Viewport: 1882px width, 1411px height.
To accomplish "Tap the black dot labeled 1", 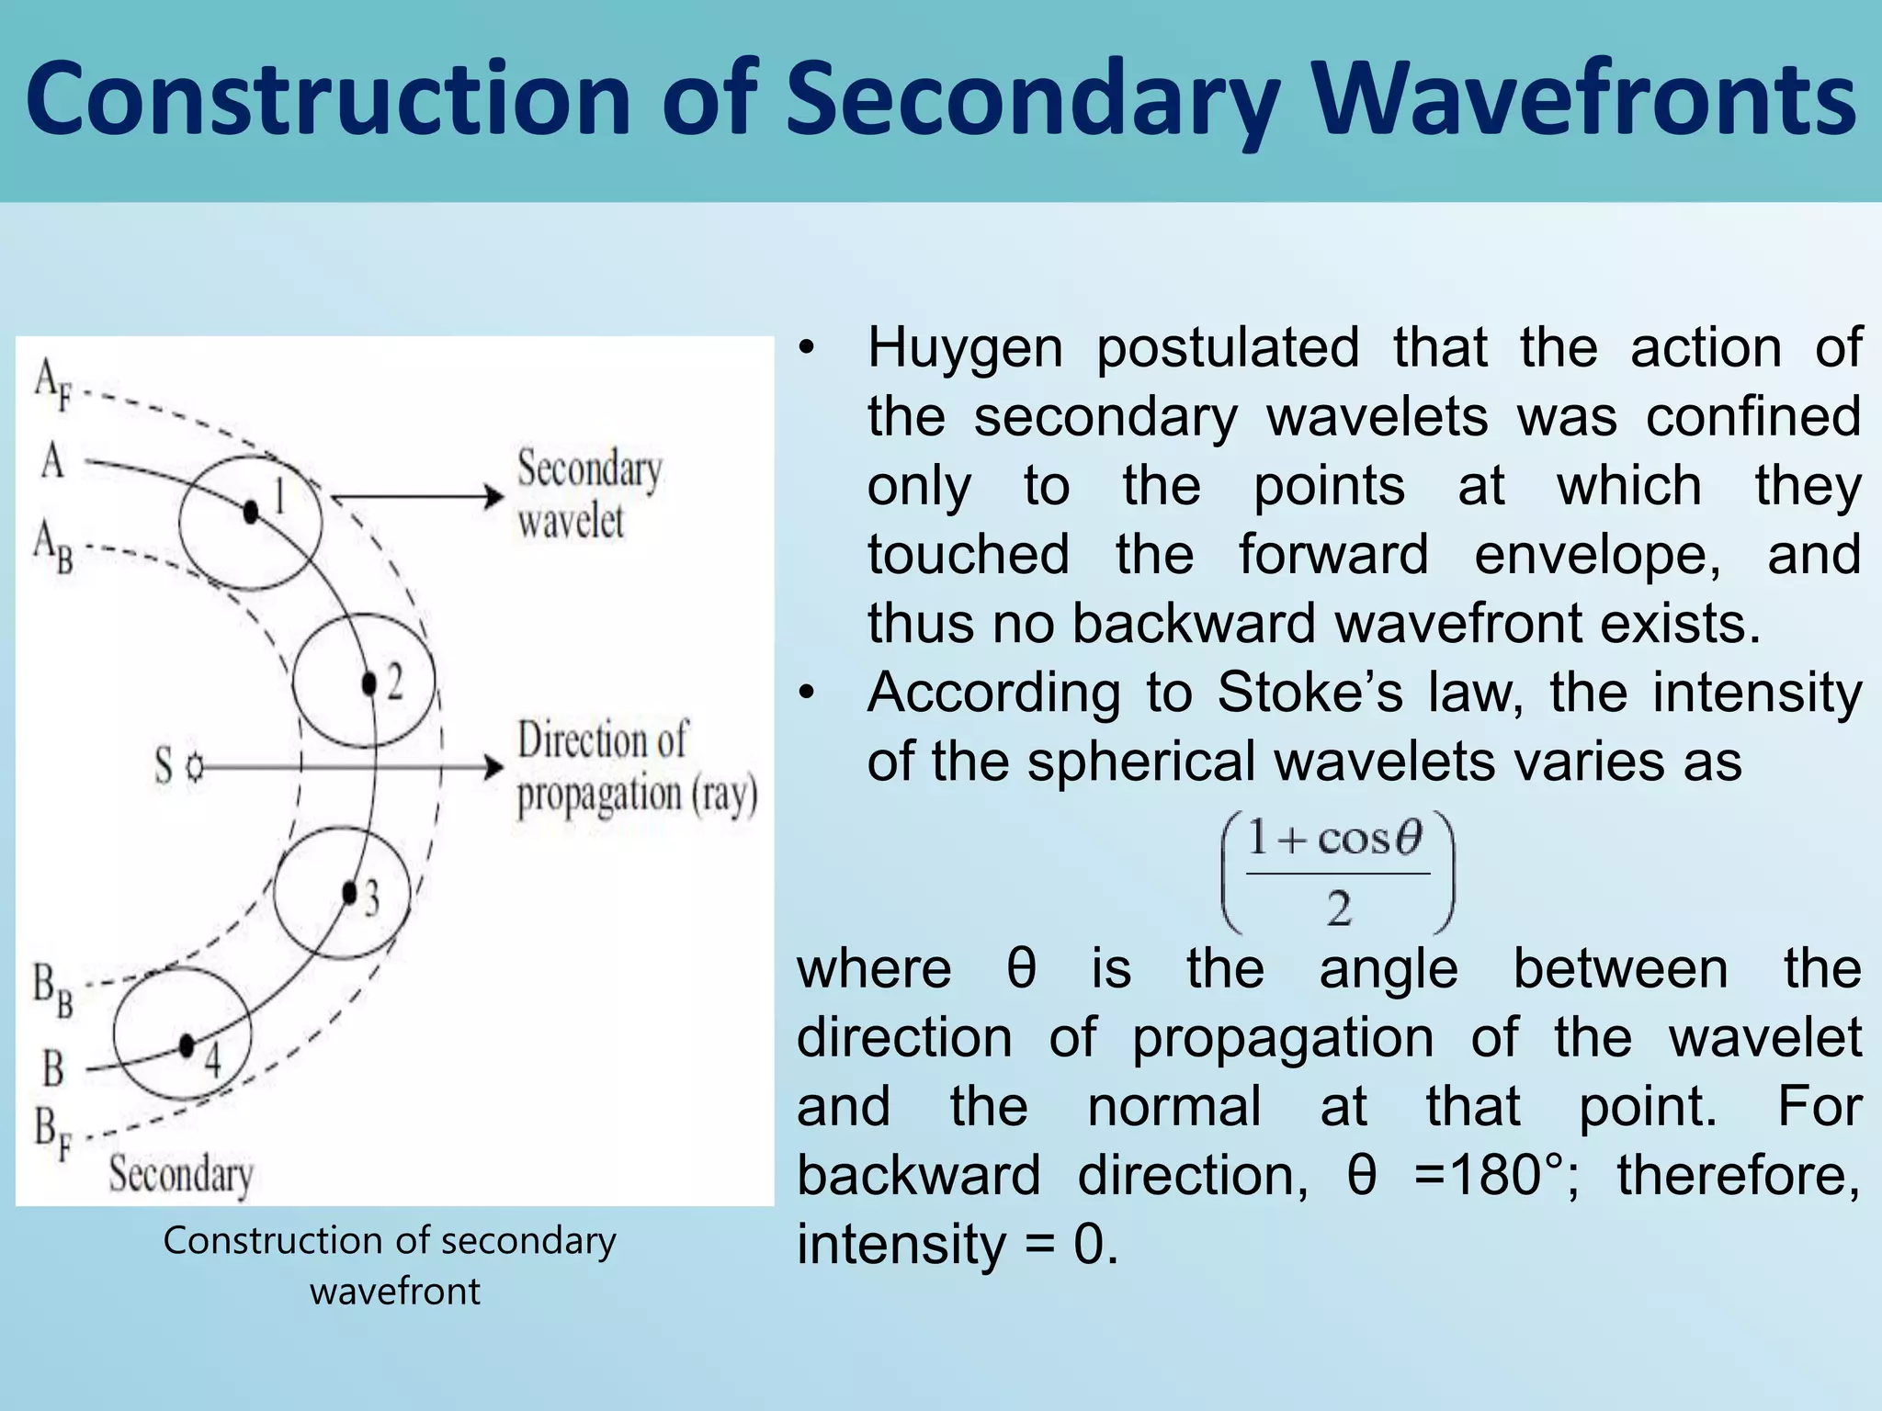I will (x=250, y=512).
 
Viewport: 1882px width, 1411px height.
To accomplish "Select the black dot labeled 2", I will (x=369, y=684).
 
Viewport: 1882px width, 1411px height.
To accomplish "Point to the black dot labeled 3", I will (x=349, y=892).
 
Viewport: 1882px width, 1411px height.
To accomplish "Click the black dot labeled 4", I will (x=187, y=1045).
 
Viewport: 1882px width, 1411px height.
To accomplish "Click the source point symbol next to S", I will (x=194, y=767).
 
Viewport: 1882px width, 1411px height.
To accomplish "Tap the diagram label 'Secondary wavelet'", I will (x=588, y=494).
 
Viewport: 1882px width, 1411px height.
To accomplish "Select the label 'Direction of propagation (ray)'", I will (x=636, y=768).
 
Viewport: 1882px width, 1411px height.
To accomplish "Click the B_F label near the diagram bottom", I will (x=52, y=1134).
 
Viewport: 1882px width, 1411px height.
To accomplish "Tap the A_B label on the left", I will (x=52, y=546).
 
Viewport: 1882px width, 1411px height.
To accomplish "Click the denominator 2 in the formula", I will (x=1338, y=909).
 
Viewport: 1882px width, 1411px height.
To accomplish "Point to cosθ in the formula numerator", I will (x=1369, y=838).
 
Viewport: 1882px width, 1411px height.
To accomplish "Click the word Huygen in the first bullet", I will (x=965, y=348).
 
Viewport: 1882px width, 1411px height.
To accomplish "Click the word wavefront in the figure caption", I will (x=394, y=1292).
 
